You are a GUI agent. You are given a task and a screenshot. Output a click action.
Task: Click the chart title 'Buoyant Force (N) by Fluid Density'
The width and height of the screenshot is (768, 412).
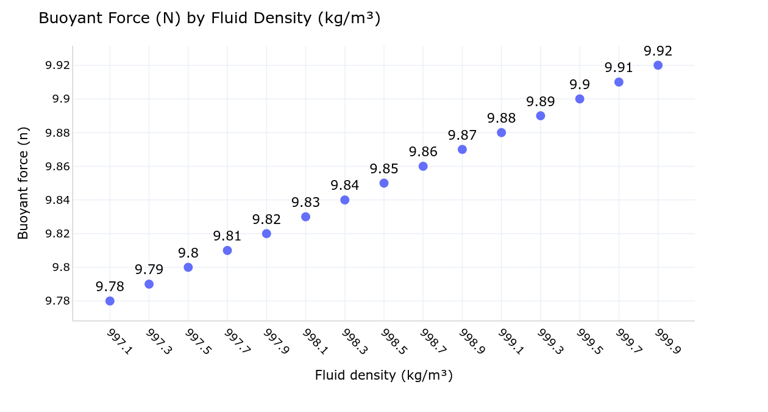[x=209, y=18]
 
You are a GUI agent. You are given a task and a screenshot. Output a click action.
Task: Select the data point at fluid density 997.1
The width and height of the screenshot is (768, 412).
[x=110, y=301]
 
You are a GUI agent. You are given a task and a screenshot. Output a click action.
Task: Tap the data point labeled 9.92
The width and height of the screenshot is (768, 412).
[x=658, y=65]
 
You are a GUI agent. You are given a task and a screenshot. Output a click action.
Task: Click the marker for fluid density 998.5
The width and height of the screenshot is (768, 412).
[x=384, y=183]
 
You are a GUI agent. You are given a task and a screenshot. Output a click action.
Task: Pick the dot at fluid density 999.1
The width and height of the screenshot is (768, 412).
[x=501, y=132]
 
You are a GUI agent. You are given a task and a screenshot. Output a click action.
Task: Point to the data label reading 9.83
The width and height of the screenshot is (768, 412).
[x=305, y=203]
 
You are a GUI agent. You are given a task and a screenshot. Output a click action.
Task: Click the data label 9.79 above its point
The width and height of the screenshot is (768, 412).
[x=149, y=270]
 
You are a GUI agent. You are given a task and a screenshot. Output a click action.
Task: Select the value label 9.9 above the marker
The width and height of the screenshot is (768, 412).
[x=580, y=84]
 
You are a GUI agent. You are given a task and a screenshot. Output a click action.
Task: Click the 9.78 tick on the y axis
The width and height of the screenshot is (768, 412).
[x=59, y=301]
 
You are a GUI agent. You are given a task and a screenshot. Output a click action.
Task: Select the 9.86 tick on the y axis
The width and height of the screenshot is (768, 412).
[x=59, y=167]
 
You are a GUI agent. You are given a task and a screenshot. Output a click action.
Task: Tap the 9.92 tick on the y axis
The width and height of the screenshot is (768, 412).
[x=59, y=65]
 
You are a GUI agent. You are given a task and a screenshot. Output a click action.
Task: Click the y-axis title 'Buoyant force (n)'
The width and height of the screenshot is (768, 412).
[x=23, y=183]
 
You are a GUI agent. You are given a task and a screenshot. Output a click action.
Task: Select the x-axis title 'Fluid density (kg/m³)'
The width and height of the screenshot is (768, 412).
[x=383, y=375]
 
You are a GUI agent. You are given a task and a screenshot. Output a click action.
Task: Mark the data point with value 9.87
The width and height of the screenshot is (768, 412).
[x=462, y=150]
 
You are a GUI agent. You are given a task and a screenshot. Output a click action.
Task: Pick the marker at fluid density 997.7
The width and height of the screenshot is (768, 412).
[x=227, y=250]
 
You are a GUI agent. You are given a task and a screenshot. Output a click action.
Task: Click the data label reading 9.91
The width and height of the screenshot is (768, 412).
[x=619, y=68]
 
